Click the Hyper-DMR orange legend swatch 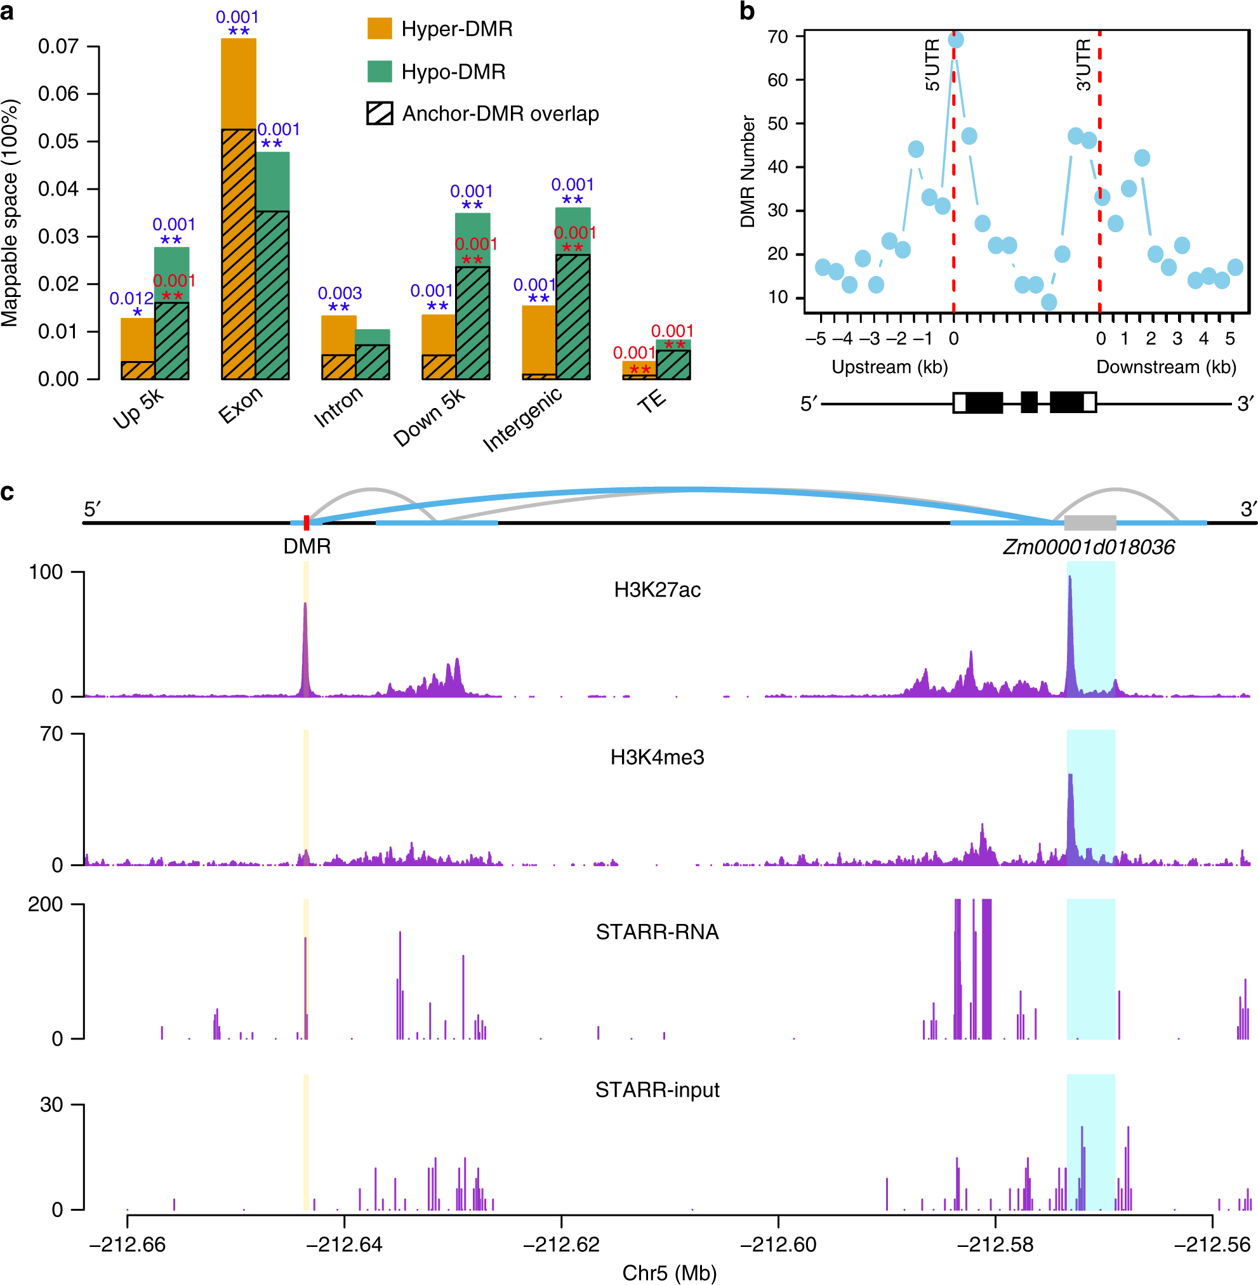click(x=380, y=29)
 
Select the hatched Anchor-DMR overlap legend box click(x=380, y=114)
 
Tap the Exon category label click(x=241, y=405)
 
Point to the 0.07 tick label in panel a click(x=58, y=46)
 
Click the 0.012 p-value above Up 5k click(x=131, y=299)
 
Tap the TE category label click(x=651, y=401)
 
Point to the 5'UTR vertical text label click(x=932, y=65)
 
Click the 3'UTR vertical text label click(x=1083, y=65)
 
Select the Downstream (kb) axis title click(x=1165, y=367)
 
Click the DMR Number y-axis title click(x=747, y=172)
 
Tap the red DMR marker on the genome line click(x=306, y=523)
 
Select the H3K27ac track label click(x=657, y=590)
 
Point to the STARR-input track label click(x=657, y=1090)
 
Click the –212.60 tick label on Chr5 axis click(x=778, y=1244)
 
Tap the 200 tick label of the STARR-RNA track click(x=45, y=904)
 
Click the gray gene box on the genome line click(x=1090, y=524)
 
